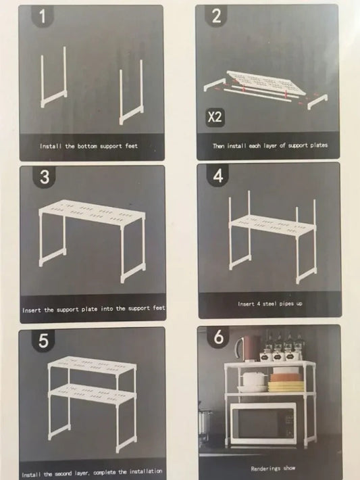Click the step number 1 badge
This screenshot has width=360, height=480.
[43, 16]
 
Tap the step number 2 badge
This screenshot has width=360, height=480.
[216, 16]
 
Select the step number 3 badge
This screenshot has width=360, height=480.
[45, 177]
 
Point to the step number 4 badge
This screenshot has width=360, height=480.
[217, 176]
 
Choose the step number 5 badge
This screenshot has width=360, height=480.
[43, 341]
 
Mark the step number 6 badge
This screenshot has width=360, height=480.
[217, 337]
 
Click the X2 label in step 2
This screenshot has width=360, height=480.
[215, 117]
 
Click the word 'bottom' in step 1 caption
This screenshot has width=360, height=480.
[87, 146]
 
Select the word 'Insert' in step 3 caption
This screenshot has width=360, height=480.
[32, 310]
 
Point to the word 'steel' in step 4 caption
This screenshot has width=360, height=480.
[269, 304]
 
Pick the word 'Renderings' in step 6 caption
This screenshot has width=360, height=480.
[265, 469]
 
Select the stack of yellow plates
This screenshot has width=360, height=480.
[286, 386]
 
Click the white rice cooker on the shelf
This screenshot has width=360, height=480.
[254, 379]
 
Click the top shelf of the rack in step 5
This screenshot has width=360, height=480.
[93, 364]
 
